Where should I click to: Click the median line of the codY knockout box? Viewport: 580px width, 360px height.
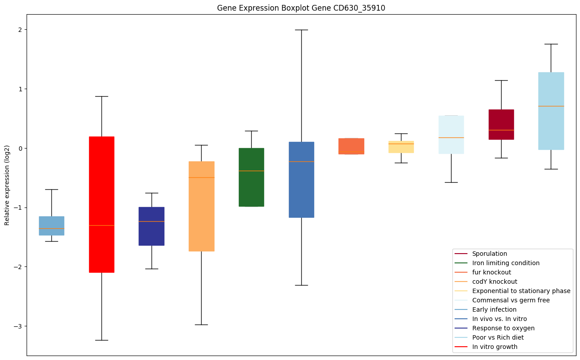[202, 177]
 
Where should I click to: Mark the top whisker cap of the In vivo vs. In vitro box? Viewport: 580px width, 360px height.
[301, 30]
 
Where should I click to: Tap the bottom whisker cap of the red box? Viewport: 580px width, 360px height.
[101, 340]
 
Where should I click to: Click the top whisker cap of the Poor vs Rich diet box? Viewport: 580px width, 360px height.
[551, 44]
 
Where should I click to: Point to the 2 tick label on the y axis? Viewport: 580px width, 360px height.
[20, 30]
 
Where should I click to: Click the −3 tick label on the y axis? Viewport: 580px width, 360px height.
[18, 326]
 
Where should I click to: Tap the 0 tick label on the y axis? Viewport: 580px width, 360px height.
[20, 148]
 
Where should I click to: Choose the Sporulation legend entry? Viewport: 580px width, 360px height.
[490, 254]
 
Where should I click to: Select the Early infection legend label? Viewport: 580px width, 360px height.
[494, 309]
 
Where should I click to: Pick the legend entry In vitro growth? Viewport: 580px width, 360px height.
[494, 347]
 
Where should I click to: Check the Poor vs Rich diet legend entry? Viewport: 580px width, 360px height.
[498, 337]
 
